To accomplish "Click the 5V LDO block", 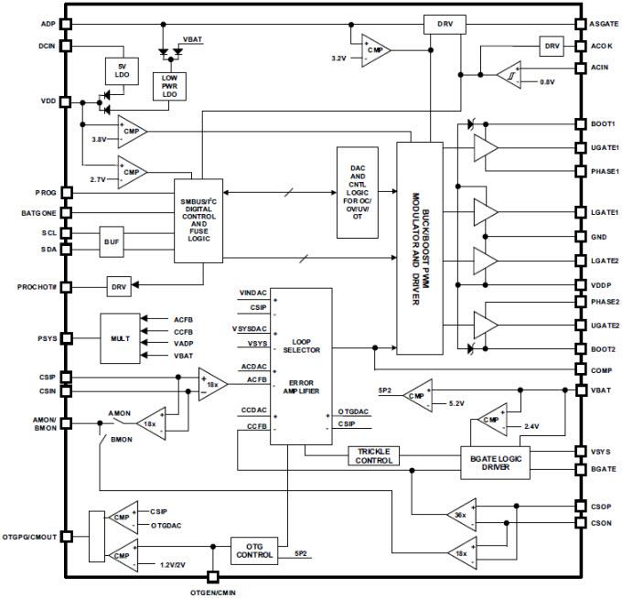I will point(121,71).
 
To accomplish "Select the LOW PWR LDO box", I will point(167,85).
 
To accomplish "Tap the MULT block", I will point(119,338).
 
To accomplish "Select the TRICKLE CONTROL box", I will point(373,455).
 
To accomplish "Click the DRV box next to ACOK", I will point(551,46).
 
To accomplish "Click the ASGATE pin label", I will point(601,24).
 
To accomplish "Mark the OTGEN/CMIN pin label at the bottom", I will point(214,592).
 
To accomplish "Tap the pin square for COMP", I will point(579,369).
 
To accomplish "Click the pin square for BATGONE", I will point(65,212).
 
